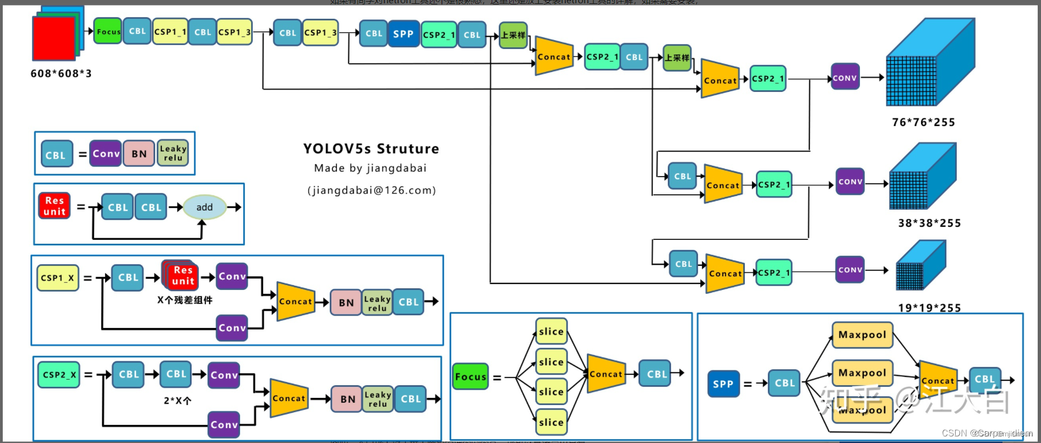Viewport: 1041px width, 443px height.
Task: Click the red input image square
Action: tap(53, 37)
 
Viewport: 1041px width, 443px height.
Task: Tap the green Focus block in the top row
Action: tap(108, 31)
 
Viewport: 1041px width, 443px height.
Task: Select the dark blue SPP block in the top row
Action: tap(404, 34)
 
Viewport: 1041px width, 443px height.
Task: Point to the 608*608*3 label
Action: tap(61, 73)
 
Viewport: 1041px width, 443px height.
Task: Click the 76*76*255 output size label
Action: tap(923, 122)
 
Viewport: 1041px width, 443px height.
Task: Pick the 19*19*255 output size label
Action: tap(929, 308)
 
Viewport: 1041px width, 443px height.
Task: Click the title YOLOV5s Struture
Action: tap(371, 149)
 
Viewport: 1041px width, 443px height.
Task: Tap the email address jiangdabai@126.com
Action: tap(372, 190)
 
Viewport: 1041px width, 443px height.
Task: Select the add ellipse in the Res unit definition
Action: tap(204, 207)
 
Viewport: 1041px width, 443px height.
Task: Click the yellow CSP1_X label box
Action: tap(57, 278)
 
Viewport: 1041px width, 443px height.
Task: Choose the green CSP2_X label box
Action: tap(59, 375)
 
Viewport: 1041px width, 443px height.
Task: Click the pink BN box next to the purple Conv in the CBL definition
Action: tap(139, 154)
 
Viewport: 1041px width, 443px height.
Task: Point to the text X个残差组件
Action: tap(184, 300)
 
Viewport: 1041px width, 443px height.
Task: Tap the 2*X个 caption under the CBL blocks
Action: tap(177, 401)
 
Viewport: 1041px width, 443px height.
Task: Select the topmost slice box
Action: tap(551, 331)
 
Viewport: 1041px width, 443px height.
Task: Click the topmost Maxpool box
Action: tap(862, 335)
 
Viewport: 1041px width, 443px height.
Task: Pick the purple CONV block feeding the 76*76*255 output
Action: tap(844, 78)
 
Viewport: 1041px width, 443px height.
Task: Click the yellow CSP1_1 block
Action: tap(170, 32)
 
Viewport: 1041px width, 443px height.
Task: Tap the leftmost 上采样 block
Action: tap(513, 35)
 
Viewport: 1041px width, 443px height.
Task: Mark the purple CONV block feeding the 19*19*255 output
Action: tap(850, 270)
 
